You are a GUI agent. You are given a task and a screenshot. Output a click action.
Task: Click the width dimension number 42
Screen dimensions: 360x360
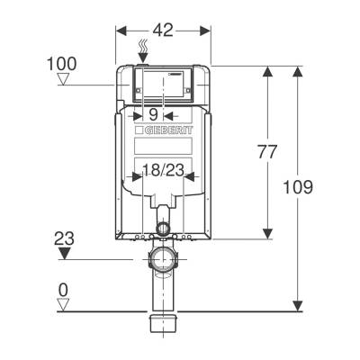click(163, 30)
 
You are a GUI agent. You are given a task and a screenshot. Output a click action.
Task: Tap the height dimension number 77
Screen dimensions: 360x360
click(266, 151)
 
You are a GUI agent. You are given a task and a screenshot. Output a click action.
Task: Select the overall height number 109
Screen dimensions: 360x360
click(298, 187)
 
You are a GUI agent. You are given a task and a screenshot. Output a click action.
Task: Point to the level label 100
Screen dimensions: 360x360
click(62, 64)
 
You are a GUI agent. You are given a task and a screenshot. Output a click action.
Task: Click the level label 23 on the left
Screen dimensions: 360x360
click(64, 238)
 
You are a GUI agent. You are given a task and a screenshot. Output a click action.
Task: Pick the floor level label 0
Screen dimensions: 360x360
click(63, 291)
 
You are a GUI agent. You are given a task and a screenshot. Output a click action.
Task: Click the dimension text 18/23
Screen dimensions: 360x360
click(163, 171)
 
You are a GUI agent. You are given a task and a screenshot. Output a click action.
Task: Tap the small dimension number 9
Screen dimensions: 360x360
click(153, 114)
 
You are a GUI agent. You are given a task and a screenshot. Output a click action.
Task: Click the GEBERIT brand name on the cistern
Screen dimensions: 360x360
click(169, 130)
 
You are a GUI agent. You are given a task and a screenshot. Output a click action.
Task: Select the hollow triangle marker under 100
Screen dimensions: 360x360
click(63, 79)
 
